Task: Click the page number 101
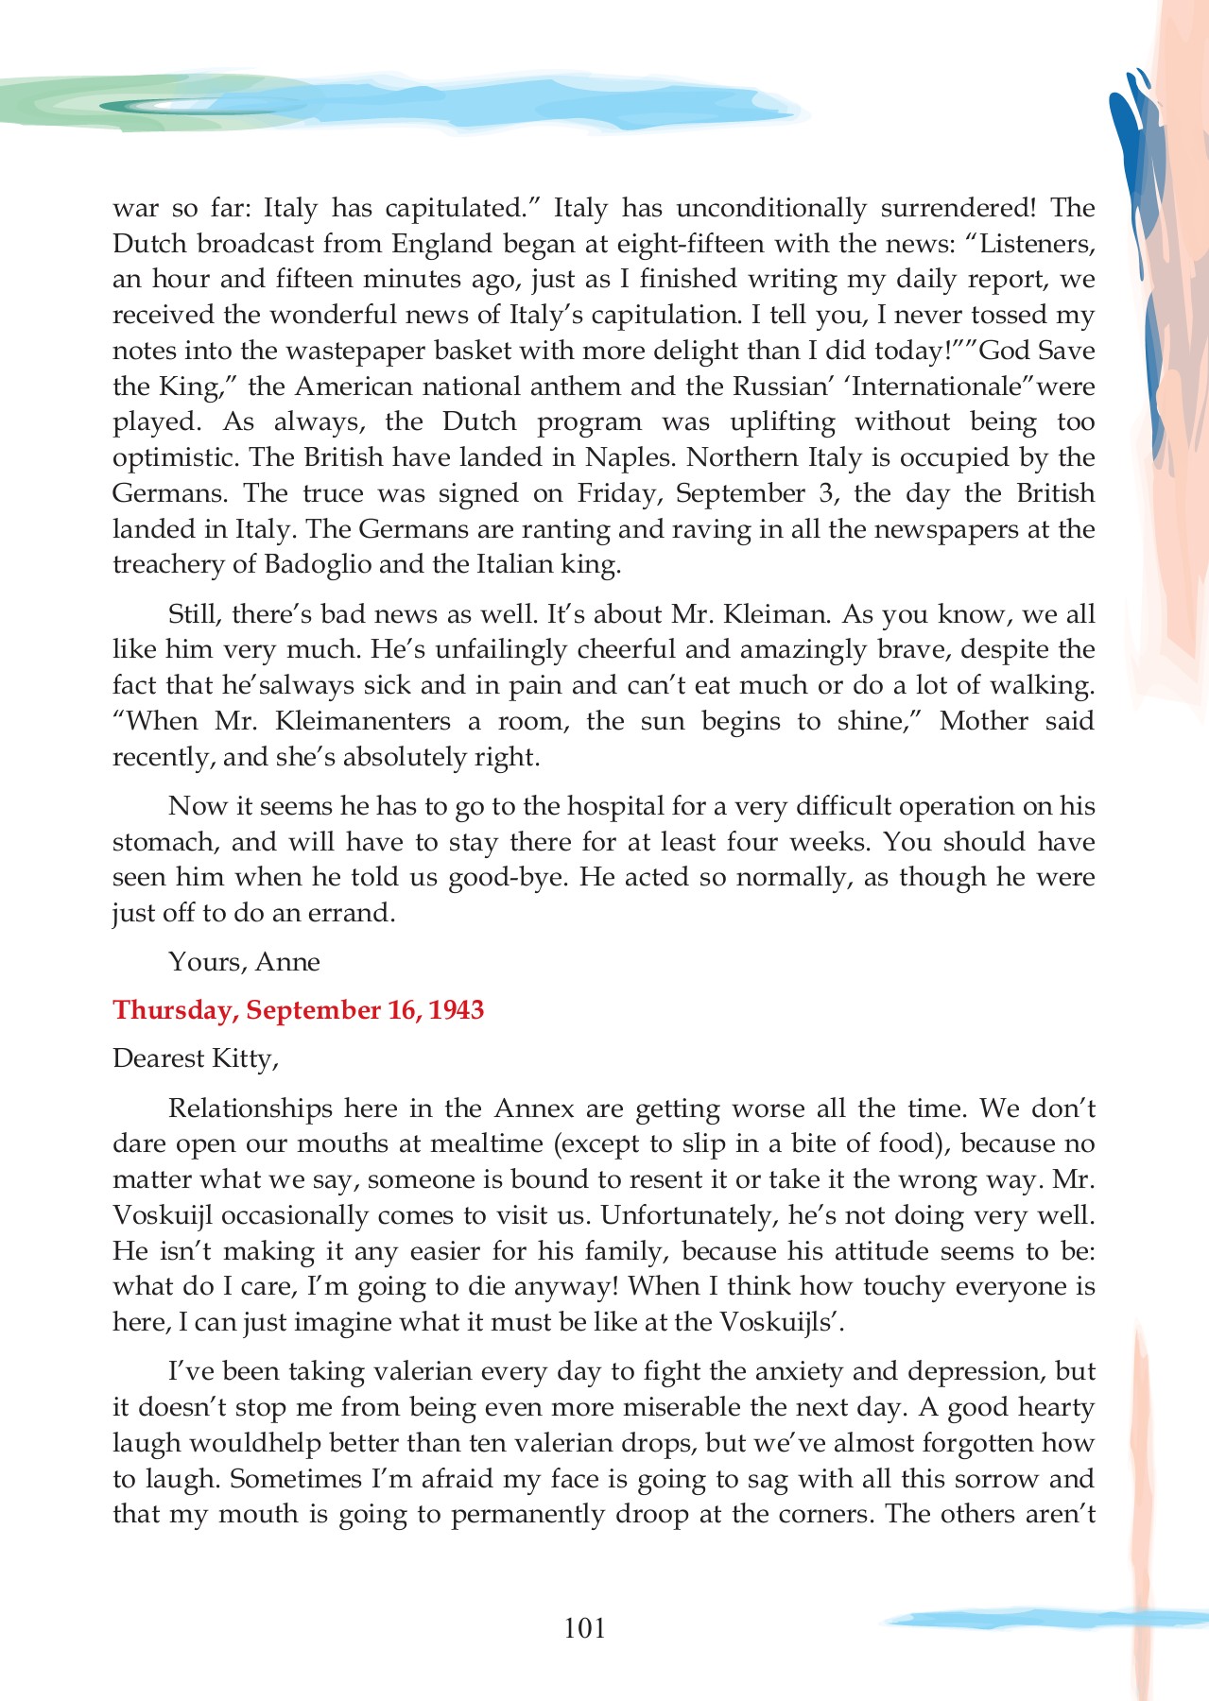click(584, 1627)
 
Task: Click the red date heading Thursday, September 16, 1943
click(298, 1010)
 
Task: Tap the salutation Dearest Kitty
click(195, 1058)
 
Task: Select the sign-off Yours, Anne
click(244, 962)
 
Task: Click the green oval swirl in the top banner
click(180, 106)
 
